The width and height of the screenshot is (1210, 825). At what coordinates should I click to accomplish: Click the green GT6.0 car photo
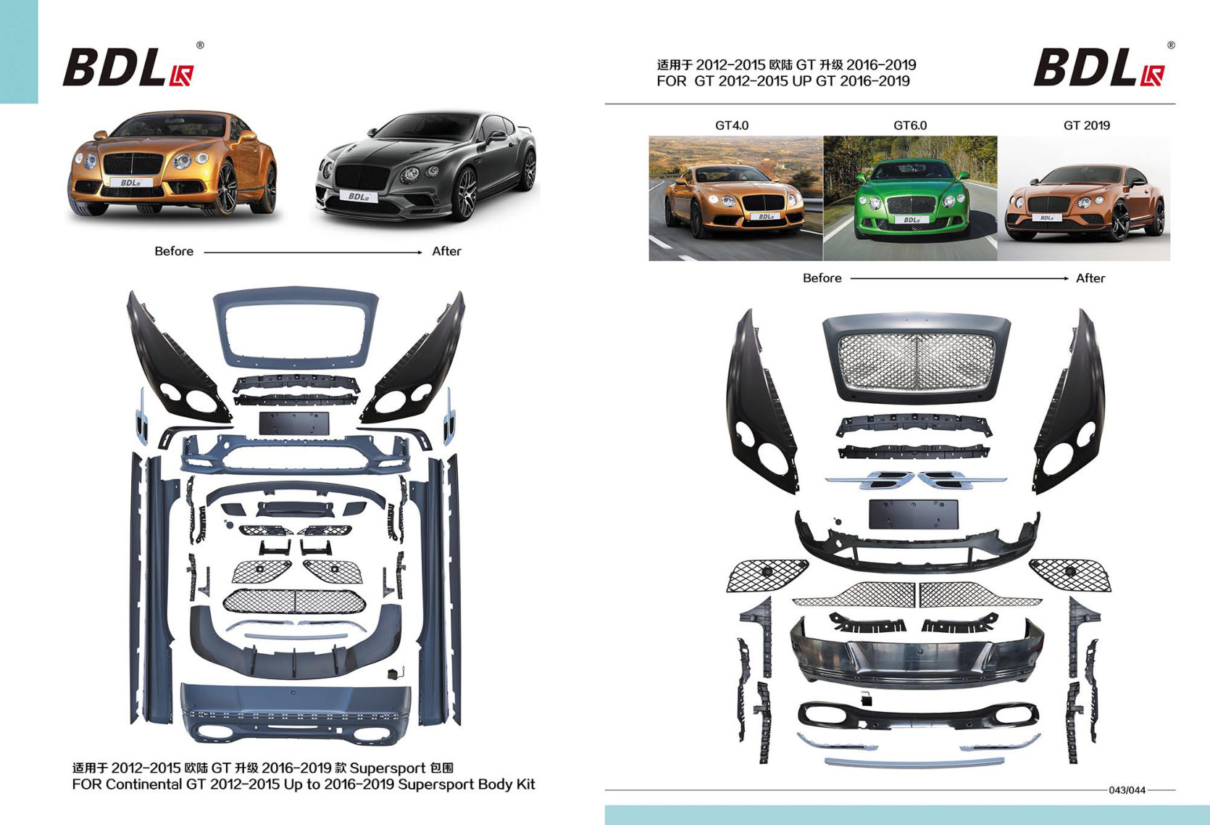(x=910, y=198)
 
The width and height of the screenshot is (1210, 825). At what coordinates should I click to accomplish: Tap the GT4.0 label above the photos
(x=732, y=125)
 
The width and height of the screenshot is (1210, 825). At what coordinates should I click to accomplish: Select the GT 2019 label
(x=1086, y=125)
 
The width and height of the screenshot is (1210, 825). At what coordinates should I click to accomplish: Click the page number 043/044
(x=1127, y=790)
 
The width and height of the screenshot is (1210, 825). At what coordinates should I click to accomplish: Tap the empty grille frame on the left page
(x=296, y=326)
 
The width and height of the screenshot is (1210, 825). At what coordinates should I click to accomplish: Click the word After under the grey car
(x=446, y=252)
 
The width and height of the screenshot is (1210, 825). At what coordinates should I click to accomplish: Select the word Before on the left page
(x=174, y=252)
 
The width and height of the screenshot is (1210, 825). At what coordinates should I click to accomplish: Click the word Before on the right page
(x=822, y=278)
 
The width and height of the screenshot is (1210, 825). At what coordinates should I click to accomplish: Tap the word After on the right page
(x=1090, y=278)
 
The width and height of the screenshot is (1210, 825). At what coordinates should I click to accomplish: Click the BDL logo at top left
(x=128, y=67)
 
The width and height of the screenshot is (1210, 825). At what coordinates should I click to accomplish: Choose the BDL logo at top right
(x=1099, y=67)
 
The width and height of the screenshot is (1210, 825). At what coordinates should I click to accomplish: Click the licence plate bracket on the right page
(x=913, y=514)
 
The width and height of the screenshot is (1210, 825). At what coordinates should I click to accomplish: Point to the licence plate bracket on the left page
(x=294, y=423)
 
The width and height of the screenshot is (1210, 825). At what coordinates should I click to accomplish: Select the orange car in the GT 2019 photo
(x=1085, y=202)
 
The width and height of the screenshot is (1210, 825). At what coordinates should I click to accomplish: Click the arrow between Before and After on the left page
(x=313, y=252)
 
